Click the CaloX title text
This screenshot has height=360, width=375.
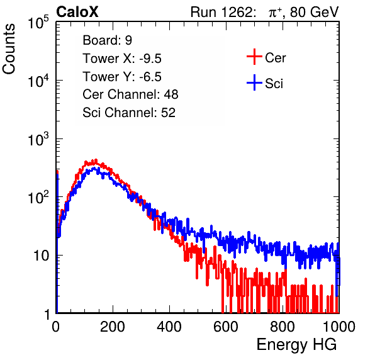[x=77, y=12]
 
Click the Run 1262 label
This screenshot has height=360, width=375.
[x=221, y=12]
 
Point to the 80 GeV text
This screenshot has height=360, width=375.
[x=315, y=12]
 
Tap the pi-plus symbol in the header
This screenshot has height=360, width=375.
[x=275, y=13]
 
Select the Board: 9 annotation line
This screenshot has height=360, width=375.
[x=107, y=40]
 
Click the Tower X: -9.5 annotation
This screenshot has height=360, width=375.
[x=122, y=59]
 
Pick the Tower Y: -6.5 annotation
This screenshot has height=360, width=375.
[x=122, y=77]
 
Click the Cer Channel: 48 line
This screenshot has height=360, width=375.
[x=130, y=94]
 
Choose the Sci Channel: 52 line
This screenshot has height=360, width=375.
[x=129, y=113]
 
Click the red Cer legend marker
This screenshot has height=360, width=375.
[x=254, y=57]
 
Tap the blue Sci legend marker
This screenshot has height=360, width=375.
[x=254, y=82]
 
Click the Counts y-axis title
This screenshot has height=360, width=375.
[x=9, y=49]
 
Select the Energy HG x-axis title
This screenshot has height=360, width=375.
[x=296, y=345]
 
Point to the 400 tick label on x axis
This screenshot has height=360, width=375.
[x=169, y=327]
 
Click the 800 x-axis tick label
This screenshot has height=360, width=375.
[x=283, y=327]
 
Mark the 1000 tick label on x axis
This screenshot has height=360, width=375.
[x=339, y=327]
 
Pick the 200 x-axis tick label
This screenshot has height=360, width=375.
[x=113, y=327]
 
